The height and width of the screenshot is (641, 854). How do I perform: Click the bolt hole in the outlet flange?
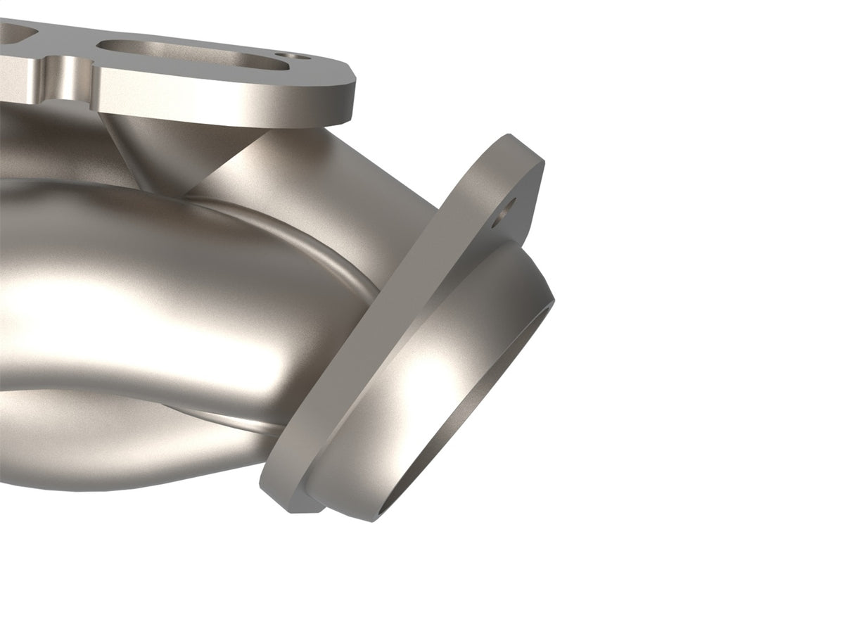pyautogui.click(x=505, y=211)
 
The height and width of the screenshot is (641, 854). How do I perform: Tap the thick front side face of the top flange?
pyautogui.click(x=225, y=106)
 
